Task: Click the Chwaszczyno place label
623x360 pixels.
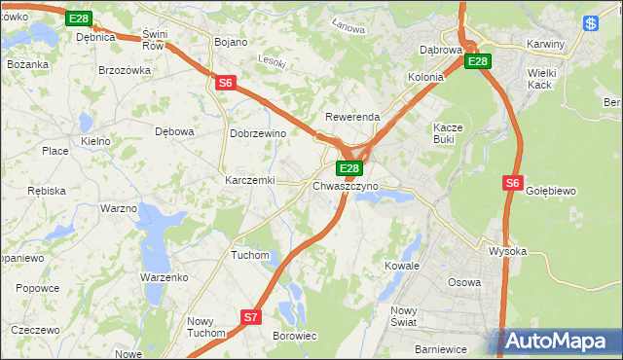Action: (x=346, y=186)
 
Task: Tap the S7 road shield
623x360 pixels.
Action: (x=251, y=317)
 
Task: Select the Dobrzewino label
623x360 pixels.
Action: (x=257, y=133)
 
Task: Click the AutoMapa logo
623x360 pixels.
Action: (x=559, y=342)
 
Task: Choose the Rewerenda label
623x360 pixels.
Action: (x=352, y=117)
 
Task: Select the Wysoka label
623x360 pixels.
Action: (x=507, y=251)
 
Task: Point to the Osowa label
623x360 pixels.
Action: (x=463, y=282)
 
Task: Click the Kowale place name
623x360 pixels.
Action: (x=401, y=265)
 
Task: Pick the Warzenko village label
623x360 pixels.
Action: (x=164, y=277)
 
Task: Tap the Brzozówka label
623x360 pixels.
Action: (x=125, y=70)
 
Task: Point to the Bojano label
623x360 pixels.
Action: (x=231, y=43)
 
